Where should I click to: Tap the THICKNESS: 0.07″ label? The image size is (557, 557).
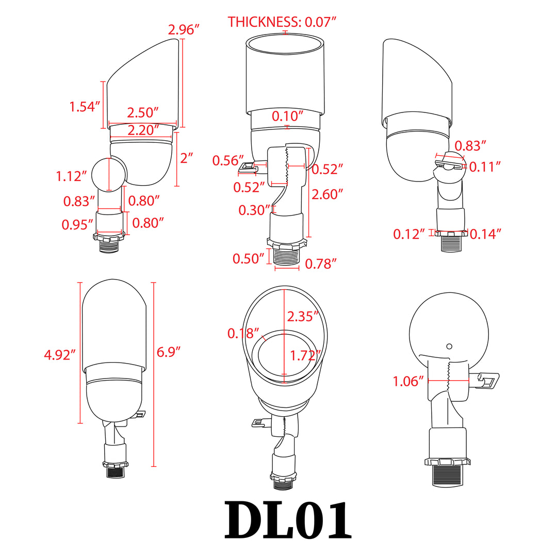282,22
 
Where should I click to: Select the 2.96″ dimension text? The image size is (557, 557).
184,30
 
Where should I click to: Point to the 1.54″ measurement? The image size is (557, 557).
85,107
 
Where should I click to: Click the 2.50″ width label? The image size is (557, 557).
143,112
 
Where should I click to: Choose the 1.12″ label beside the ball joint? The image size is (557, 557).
71,176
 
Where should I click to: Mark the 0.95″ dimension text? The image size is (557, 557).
77,224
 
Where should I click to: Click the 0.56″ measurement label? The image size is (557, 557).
228,161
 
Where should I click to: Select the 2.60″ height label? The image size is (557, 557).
327,194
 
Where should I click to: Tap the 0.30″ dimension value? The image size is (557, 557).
254,210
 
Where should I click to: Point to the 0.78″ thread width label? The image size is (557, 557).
321,264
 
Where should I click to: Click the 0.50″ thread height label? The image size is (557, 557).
248,259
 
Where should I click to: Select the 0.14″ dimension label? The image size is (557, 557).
485,234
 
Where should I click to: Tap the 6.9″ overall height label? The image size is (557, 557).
169,352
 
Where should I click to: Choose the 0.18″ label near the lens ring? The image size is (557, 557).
243,333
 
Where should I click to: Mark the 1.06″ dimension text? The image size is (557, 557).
408,382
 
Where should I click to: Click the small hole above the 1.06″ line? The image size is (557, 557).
449,346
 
